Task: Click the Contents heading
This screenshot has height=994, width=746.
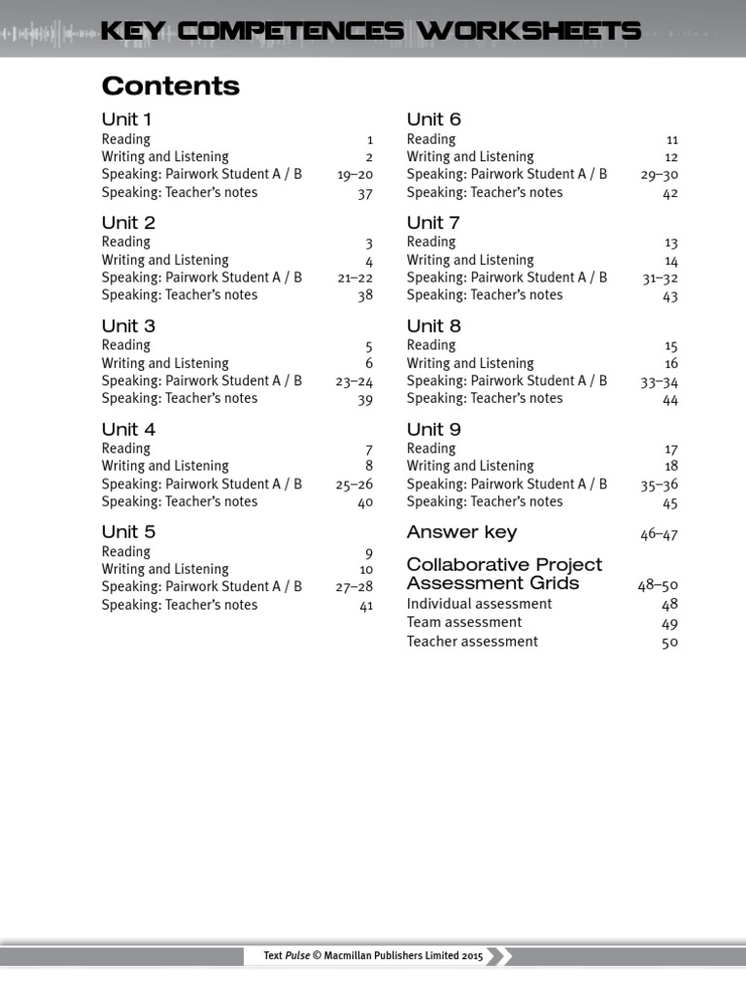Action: tap(170, 86)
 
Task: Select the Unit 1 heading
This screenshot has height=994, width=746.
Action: tap(126, 119)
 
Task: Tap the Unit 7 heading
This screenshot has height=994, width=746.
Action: tap(433, 222)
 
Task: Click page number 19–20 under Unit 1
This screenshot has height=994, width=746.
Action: tap(355, 176)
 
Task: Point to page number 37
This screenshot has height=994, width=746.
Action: tap(364, 193)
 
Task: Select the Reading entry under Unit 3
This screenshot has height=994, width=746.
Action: tap(126, 346)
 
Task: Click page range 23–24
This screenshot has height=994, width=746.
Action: tap(355, 381)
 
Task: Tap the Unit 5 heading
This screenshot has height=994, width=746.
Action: tap(128, 532)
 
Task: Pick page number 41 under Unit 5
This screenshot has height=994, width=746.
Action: tap(365, 606)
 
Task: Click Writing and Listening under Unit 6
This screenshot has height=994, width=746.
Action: tap(470, 157)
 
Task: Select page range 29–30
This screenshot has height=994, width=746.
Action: tap(660, 176)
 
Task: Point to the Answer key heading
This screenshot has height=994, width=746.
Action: tap(461, 532)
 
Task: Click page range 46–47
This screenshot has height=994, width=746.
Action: tap(660, 534)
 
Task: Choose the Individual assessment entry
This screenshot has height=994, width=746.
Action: tap(479, 604)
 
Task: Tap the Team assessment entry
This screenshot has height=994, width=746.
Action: tap(464, 622)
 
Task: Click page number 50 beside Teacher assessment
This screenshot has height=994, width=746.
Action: tap(669, 643)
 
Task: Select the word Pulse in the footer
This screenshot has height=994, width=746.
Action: tap(298, 956)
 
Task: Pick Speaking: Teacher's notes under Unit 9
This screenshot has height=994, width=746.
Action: tap(485, 502)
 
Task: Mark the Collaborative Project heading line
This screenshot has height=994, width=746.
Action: tap(504, 565)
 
